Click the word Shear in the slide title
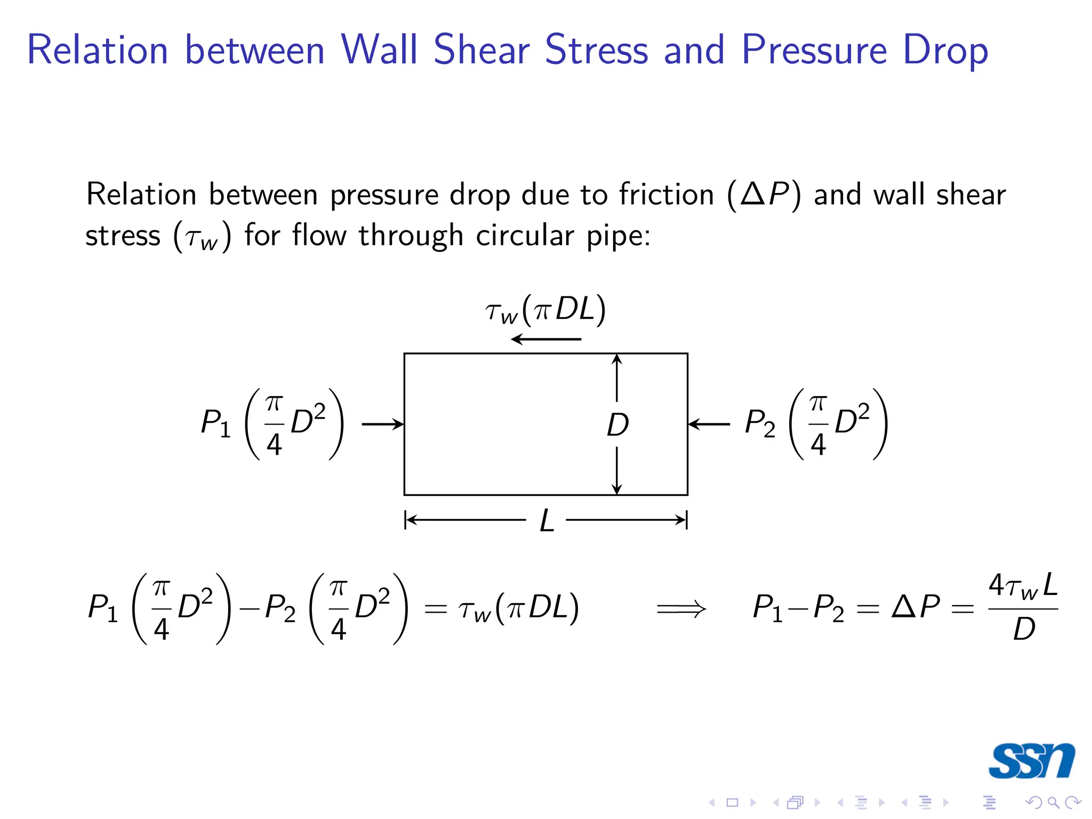pos(481,50)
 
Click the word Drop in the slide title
pos(945,51)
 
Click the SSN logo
pos(1031,760)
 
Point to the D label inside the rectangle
pos(617,425)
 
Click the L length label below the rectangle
pos(547,520)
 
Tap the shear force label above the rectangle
pos(545,310)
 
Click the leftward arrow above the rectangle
pos(545,339)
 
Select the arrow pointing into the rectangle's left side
pos(382,424)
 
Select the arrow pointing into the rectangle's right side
pos(709,424)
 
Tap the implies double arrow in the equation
pos(681,608)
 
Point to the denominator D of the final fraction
pos(1024,629)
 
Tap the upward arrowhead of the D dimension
pos(617,359)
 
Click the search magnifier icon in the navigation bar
pos(1053,802)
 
